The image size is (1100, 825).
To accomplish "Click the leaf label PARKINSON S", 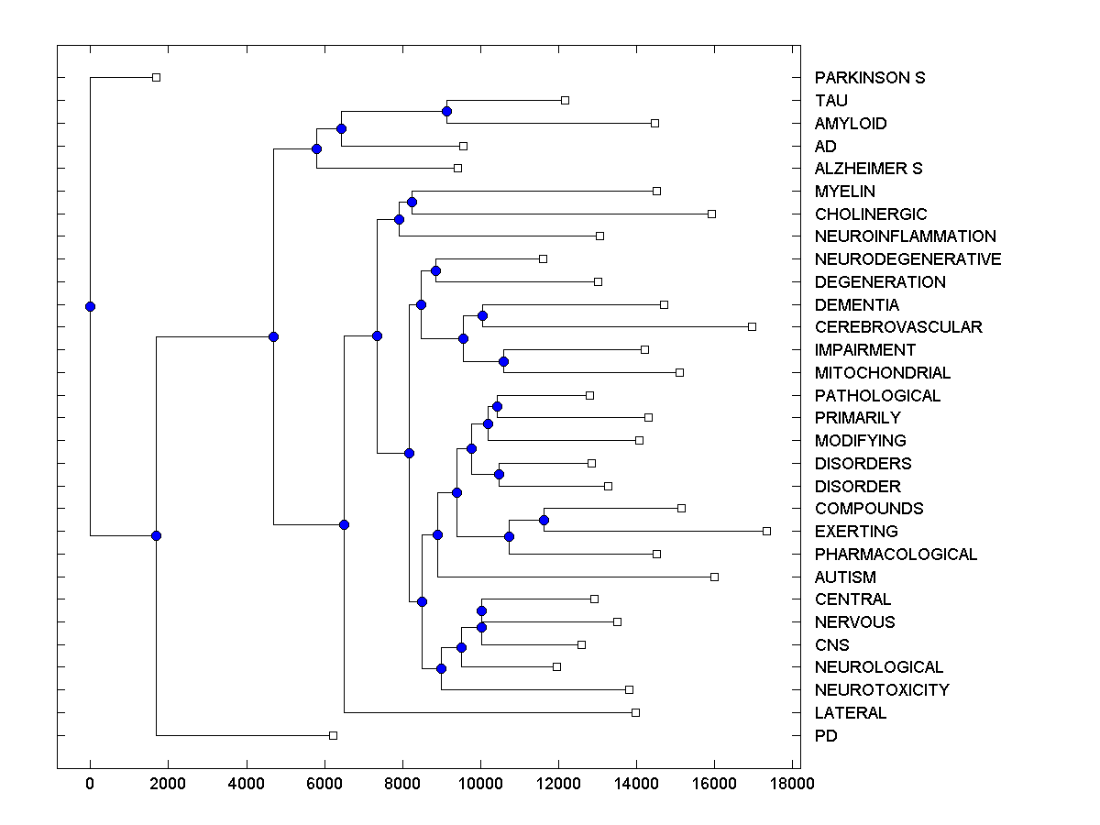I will (869, 78).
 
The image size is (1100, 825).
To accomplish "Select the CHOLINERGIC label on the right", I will (870, 214).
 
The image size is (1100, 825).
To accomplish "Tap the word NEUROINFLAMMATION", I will (905, 236).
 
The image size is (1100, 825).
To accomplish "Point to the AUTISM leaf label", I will (845, 577).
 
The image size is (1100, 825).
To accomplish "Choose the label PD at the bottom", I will (826, 736).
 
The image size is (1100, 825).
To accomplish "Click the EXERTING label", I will (856, 532).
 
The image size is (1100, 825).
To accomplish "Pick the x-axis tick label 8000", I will (402, 784).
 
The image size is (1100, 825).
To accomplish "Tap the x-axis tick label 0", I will (90, 784).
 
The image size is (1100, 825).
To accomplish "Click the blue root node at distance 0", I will (90, 306).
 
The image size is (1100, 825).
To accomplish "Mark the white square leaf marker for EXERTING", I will (766, 531).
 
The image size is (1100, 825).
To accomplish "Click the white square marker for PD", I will (333, 735).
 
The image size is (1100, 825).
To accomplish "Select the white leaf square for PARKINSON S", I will (156, 77).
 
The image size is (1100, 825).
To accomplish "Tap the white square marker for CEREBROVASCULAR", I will (752, 326).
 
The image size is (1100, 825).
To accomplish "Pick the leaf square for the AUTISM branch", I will (714, 577).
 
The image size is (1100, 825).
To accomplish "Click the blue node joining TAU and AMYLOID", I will (446, 111).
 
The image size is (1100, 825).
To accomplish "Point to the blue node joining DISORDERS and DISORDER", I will (499, 474).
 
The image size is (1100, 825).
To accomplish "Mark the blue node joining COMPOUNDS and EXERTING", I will (544, 520).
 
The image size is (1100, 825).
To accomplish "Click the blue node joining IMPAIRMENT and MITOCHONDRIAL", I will (503, 361).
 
